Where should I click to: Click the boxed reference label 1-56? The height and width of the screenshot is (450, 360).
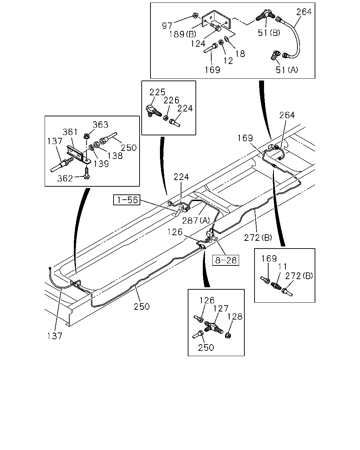coord(127,200)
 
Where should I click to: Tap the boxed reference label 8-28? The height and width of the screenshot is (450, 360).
coord(225,261)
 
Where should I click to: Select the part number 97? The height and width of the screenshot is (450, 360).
coord(167,26)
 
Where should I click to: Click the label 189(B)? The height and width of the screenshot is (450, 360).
coord(182,34)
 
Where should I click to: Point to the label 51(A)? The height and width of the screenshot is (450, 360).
coord(287,70)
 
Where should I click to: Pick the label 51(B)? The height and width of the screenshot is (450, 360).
coord(269,33)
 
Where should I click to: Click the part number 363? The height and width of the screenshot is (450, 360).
coord(101,124)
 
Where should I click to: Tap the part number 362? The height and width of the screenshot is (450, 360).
coord(65,178)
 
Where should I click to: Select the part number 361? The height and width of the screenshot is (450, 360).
coord(70,132)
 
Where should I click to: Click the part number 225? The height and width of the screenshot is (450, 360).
coord(157,92)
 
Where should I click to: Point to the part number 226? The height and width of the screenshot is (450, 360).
coord(171,101)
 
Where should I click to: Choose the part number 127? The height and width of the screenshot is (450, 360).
coord(221,308)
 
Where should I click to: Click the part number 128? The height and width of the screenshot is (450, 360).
coord(235,317)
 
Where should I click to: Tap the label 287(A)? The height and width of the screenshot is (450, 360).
coord(196,220)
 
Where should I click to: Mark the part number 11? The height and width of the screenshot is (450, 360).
coord(283,266)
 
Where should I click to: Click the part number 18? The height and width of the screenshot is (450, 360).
coord(240,54)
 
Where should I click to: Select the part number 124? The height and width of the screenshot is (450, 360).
coord(198,44)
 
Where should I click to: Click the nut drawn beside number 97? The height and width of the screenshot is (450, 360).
coord(195,15)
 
